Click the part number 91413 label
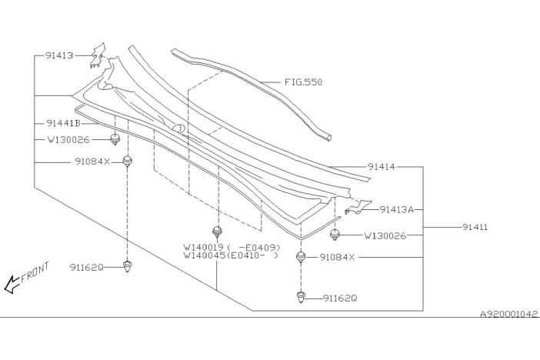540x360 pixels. click(x=58, y=55)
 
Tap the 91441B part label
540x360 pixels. click(x=63, y=123)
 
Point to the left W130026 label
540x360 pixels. click(x=68, y=140)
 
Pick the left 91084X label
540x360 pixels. click(x=93, y=162)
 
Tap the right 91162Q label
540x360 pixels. click(x=340, y=298)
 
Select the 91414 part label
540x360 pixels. click(x=382, y=166)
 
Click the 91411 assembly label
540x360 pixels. click(x=475, y=228)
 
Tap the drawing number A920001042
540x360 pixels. click(x=509, y=315)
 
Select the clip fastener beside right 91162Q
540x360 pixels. click(x=302, y=296)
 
